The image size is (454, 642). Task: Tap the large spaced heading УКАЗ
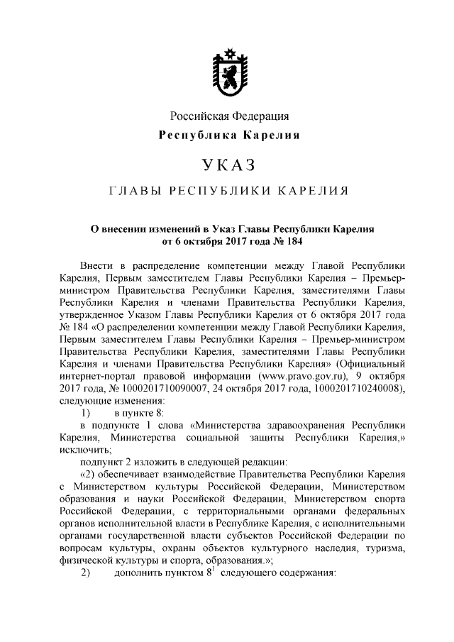(228, 166)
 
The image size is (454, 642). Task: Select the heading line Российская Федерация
(228, 116)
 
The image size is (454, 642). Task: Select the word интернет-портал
(95, 375)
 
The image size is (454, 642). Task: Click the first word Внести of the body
(96, 265)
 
